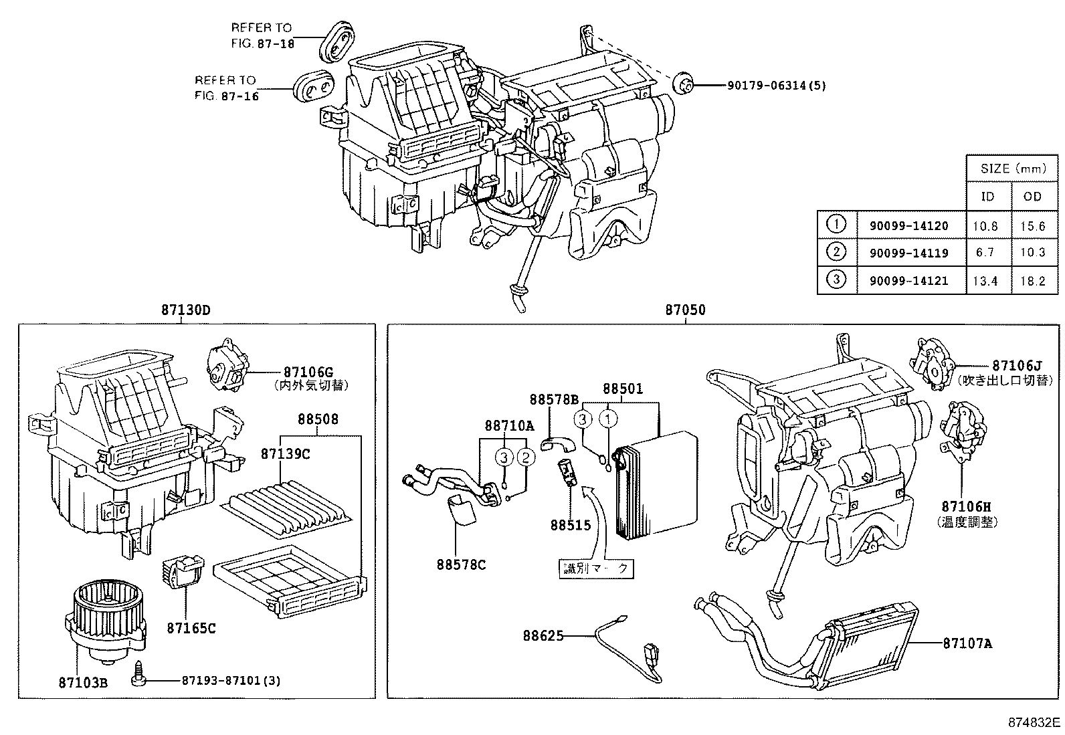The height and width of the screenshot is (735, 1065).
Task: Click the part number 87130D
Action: [185, 310]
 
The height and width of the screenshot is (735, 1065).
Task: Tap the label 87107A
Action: [967, 643]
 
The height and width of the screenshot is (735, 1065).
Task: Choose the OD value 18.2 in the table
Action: [1033, 281]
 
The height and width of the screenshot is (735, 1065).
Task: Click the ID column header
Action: [987, 197]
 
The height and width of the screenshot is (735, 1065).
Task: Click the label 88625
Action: [543, 636]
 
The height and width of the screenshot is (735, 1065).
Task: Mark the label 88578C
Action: [461, 565]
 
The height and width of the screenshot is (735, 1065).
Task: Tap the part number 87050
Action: [685, 310]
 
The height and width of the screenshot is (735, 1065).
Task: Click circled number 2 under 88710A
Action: [526, 457]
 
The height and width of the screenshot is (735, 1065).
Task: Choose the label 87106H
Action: [962, 507]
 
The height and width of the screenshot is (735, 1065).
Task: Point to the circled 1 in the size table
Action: [837, 225]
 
